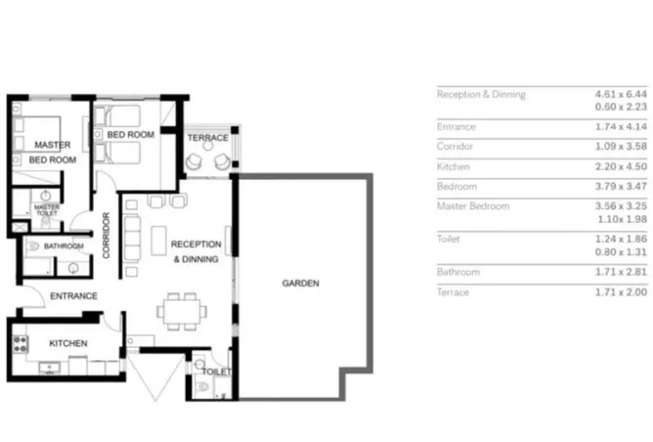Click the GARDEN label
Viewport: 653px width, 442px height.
click(x=301, y=284)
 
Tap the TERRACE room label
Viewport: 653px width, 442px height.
click(x=208, y=138)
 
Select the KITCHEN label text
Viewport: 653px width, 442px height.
click(x=68, y=343)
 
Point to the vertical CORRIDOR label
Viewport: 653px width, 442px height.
click(x=107, y=236)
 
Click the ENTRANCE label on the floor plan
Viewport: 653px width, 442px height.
click(x=73, y=295)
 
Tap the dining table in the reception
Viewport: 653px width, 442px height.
click(x=182, y=312)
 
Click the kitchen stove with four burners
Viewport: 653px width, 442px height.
click(x=20, y=344)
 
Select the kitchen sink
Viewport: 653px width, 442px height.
click(x=50, y=368)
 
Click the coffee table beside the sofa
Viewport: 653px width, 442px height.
click(x=158, y=241)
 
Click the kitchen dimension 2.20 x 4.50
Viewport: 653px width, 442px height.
click(x=621, y=166)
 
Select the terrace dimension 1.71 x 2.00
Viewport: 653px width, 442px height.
click(x=621, y=292)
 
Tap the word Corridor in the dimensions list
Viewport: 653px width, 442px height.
click(x=455, y=147)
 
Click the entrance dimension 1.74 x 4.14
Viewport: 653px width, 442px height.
click(x=621, y=126)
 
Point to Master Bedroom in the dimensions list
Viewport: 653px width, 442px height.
click(x=473, y=206)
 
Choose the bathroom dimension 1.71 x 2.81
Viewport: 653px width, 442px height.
click(x=621, y=272)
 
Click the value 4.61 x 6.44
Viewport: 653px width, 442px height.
click(x=621, y=94)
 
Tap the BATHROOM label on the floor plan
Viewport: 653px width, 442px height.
click(x=64, y=245)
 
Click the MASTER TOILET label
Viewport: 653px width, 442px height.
click(x=47, y=209)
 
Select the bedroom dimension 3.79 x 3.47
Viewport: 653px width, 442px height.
click(x=621, y=186)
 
